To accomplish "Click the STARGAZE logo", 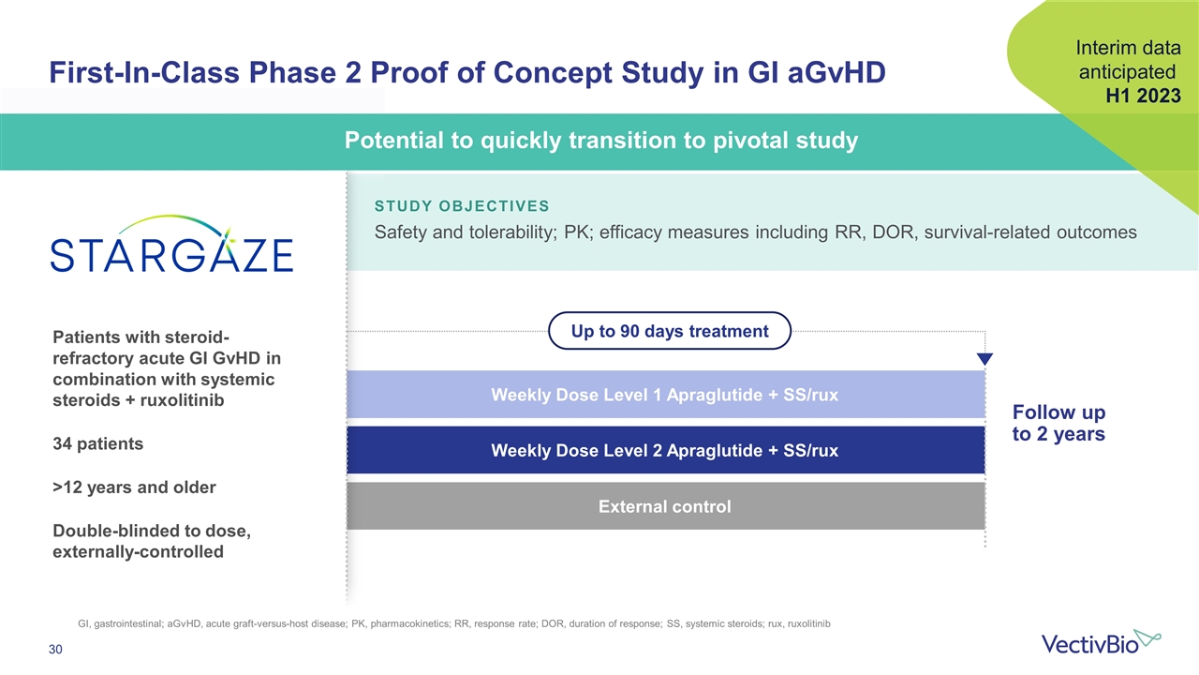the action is point(171,245).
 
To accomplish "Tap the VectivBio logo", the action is point(1101,642).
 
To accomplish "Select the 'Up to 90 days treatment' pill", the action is point(670,331).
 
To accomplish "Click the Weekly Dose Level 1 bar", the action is point(666,395).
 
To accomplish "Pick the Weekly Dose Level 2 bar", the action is point(666,450).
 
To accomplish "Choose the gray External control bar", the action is point(666,506).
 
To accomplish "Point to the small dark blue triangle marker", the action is point(984,358).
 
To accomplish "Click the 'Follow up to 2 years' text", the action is point(1058,423).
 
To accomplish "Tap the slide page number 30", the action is point(55,650).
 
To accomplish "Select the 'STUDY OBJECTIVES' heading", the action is point(462,206).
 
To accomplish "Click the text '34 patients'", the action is point(98,444).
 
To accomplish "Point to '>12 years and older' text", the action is point(134,487).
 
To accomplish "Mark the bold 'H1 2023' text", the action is point(1144,96).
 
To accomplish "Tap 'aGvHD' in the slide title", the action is point(836,72).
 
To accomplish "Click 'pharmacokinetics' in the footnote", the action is point(409,624).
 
